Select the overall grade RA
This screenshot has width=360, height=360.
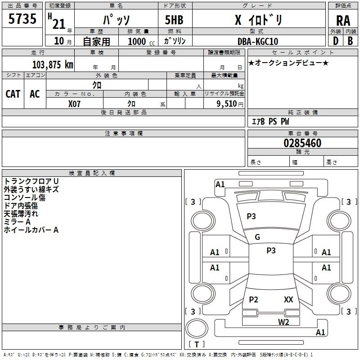[342, 21]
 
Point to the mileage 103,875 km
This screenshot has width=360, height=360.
[53, 64]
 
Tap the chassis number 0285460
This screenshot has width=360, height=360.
[302, 144]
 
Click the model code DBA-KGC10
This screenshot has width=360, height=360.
[258, 41]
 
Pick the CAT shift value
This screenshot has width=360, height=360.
[13, 94]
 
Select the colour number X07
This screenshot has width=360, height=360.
[74, 103]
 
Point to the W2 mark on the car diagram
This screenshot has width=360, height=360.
[283, 322]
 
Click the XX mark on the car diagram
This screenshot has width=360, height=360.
[288, 299]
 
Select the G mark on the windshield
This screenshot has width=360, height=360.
[257, 237]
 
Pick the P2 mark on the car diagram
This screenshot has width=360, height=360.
[254, 300]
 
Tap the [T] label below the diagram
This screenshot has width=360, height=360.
[196, 344]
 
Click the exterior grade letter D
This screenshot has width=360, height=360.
[335, 41]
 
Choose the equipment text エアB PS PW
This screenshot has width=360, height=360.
[270, 121]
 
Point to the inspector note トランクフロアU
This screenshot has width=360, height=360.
[31, 181]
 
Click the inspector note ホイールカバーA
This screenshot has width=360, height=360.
[31, 230]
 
